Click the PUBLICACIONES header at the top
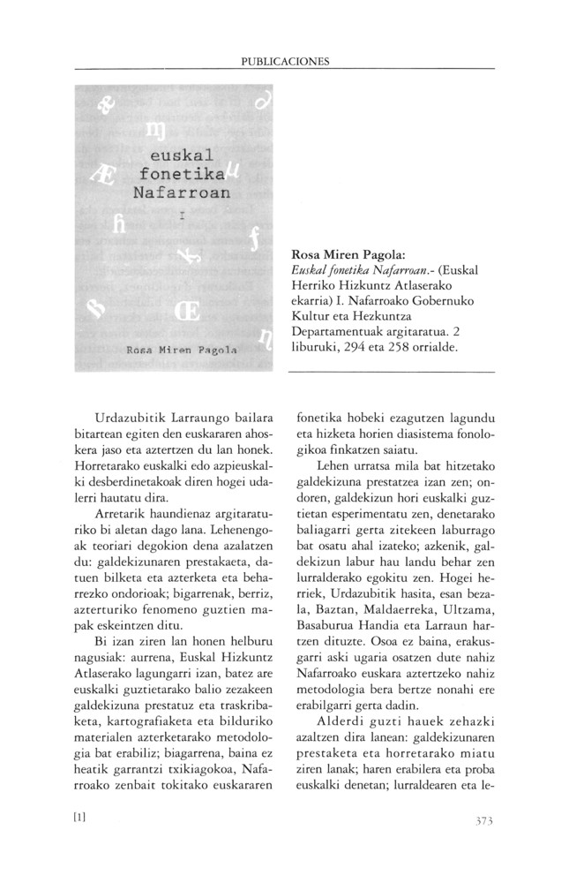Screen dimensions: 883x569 point(284,62)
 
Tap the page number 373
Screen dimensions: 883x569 point(476,821)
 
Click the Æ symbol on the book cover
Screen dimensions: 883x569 point(101,170)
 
